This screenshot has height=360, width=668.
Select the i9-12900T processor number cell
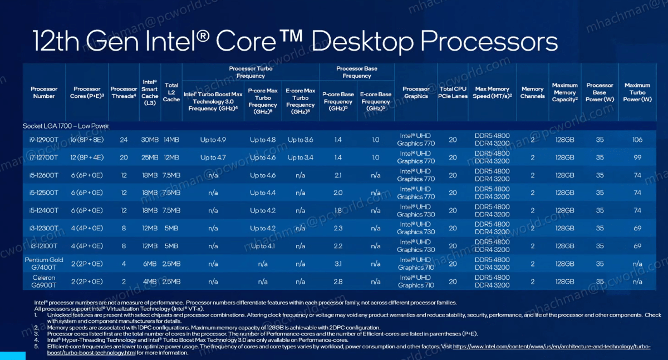click(44, 140)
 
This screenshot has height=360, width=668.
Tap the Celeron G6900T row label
click(44, 281)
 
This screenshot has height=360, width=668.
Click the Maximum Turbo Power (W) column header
click(637, 92)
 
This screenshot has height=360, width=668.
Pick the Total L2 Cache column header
click(171, 92)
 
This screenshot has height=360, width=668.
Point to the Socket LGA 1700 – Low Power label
click(66, 126)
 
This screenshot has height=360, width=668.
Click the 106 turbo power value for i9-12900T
click(637, 140)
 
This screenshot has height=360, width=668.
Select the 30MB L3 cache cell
click(150, 140)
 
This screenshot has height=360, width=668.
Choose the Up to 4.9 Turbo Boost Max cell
click(213, 140)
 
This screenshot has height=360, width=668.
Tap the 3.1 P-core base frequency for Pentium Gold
click(338, 264)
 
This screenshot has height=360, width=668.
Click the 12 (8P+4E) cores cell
click(87, 157)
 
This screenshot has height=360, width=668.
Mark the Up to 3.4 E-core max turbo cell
click(301, 157)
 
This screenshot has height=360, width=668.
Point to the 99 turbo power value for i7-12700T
click(637, 157)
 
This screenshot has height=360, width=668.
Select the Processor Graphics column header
click(416, 92)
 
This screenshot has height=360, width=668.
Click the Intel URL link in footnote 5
click(551, 346)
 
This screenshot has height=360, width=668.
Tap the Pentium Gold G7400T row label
click(44, 263)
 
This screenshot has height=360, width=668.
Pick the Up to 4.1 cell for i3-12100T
click(263, 246)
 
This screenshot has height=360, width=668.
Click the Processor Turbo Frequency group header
click(250, 72)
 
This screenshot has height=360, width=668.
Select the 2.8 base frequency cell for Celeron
click(338, 282)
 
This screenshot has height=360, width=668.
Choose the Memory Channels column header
click(532, 92)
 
